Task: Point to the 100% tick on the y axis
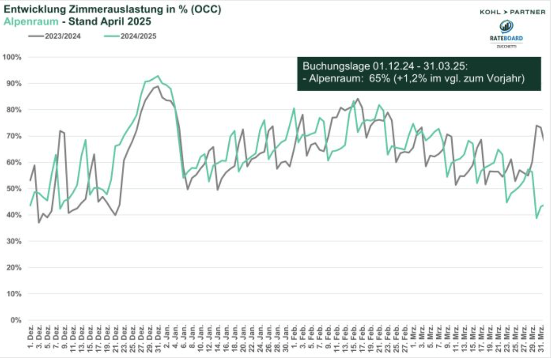click(x=12, y=57)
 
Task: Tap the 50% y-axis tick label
click(x=14, y=189)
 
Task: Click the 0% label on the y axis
click(x=16, y=320)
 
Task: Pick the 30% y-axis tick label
click(x=14, y=241)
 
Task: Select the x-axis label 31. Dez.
click(x=157, y=337)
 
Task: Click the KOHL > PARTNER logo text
click(x=512, y=12)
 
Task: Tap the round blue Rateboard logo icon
click(x=506, y=27)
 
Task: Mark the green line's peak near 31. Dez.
click(x=157, y=76)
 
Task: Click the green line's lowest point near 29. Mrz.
click(x=536, y=218)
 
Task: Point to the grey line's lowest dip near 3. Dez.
click(x=39, y=223)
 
